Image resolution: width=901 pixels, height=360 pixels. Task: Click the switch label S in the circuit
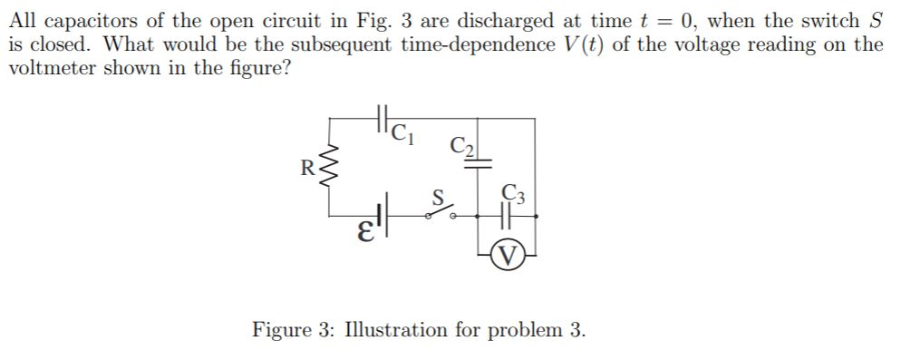pyautogui.click(x=437, y=195)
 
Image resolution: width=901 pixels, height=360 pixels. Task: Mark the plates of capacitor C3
pyautogui.click(x=509, y=217)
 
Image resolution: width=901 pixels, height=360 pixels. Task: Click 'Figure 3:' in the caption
pyautogui.click(x=290, y=328)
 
